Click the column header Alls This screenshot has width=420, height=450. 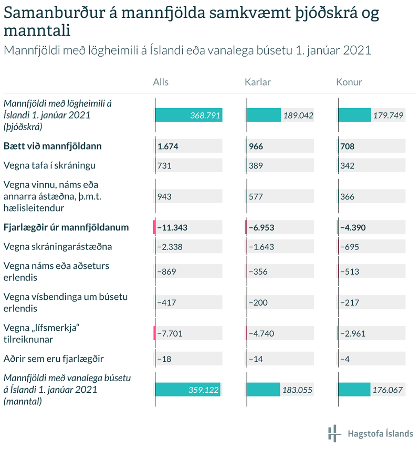point(161,82)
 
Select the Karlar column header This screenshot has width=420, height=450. point(258,82)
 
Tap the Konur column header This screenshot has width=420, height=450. point(349,82)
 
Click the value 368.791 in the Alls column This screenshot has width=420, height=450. point(205,115)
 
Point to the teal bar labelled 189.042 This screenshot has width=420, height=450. point(264,115)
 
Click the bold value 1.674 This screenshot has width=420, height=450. point(168,146)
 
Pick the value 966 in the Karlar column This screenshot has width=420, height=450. point(256,146)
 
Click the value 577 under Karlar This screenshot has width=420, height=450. point(256,197)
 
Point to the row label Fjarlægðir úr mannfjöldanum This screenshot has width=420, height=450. point(66,228)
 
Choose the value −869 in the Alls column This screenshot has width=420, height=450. point(166,271)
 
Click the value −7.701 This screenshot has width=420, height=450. point(170,333)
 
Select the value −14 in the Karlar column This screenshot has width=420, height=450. point(256,359)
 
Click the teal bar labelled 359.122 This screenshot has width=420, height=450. point(187,390)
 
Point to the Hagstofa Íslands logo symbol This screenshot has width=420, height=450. point(334,434)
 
